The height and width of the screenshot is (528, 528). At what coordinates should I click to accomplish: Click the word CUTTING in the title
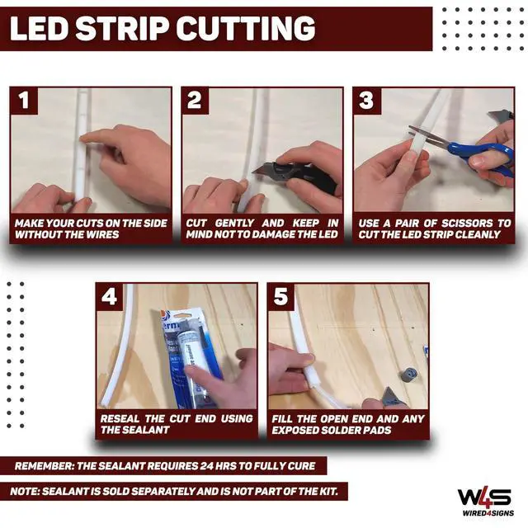(246, 29)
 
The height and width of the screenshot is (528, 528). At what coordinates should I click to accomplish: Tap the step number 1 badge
(24, 101)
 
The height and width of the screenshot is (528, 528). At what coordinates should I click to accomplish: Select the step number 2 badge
(195, 101)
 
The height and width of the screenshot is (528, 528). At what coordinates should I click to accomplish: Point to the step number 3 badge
(366, 101)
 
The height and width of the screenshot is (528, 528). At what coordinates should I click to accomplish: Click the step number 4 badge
(110, 297)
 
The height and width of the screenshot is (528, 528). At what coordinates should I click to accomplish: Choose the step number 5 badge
(281, 297)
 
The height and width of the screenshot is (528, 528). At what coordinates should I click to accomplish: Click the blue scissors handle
(485, 158)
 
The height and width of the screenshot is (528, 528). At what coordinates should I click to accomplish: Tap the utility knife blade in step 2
(263, 168)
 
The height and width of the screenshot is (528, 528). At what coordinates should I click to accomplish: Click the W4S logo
(484, 497)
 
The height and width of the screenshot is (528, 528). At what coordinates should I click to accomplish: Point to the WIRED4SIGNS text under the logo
(488, 513)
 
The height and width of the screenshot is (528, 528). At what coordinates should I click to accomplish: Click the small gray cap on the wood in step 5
(409, 375)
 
